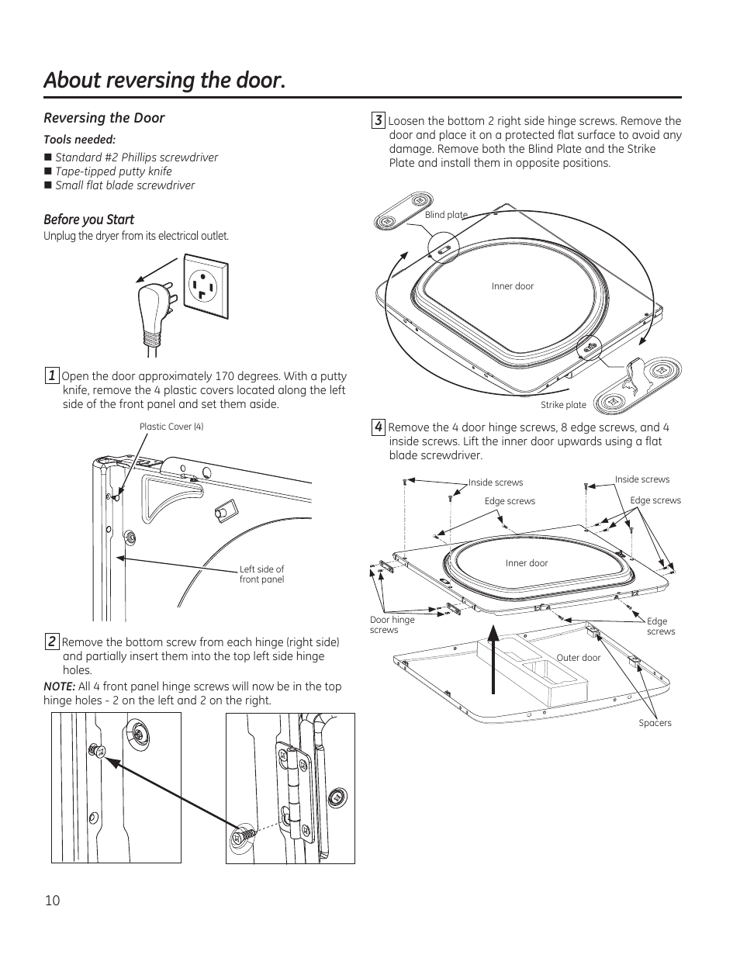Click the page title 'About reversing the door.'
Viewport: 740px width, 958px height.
164,80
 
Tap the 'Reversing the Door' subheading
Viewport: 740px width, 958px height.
104,118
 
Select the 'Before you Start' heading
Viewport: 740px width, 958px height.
88,220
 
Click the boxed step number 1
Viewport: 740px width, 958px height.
51,376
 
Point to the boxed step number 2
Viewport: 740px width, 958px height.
51,642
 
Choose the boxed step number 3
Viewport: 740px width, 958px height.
378,120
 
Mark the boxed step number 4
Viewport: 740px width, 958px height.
378,427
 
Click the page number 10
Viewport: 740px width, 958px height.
52,900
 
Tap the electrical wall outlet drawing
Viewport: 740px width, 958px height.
205,289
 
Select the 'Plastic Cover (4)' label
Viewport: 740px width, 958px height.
171,427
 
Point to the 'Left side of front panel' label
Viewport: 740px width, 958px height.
261,574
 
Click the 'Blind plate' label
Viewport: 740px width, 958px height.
446,215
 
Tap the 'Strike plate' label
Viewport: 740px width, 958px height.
563,405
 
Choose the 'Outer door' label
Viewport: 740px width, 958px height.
579,658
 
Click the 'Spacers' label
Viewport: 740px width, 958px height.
655,723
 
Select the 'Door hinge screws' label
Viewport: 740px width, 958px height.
392,624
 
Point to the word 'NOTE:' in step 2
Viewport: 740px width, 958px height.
59,687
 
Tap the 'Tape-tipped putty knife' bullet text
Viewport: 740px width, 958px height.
113,171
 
